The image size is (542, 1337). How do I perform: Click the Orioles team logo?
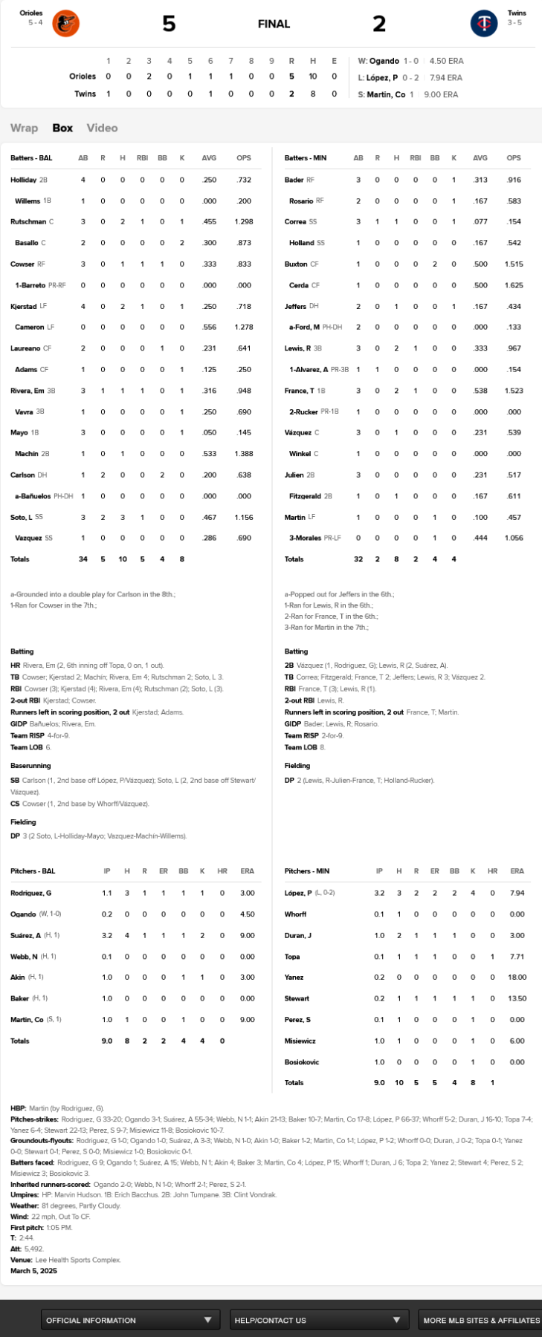(65, 24)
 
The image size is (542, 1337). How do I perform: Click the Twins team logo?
(484, 24)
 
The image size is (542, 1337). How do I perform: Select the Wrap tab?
(24, 128)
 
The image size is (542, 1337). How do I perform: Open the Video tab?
(102, 128)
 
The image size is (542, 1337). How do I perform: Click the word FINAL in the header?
(274, 24)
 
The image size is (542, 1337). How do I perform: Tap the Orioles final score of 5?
(169, 24)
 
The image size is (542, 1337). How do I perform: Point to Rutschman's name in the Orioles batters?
(28, 221)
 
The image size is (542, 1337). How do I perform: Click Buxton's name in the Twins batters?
(295, 264)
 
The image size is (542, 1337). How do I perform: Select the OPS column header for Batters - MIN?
(514, 158)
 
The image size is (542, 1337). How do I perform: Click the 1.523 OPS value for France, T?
(514, 391)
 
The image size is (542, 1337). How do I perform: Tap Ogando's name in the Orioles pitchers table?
(24, 914)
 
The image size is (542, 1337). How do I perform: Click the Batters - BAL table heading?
(31, 158)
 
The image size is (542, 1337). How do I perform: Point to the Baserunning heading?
(30, 765)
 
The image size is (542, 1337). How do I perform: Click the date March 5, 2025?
(34, 1271)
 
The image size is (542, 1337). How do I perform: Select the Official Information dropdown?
(130, 1320)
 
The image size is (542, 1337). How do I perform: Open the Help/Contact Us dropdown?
(318, 1320)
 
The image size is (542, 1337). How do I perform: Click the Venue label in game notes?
(21, 1260)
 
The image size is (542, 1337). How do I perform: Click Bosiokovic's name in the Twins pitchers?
(302, 1061)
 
